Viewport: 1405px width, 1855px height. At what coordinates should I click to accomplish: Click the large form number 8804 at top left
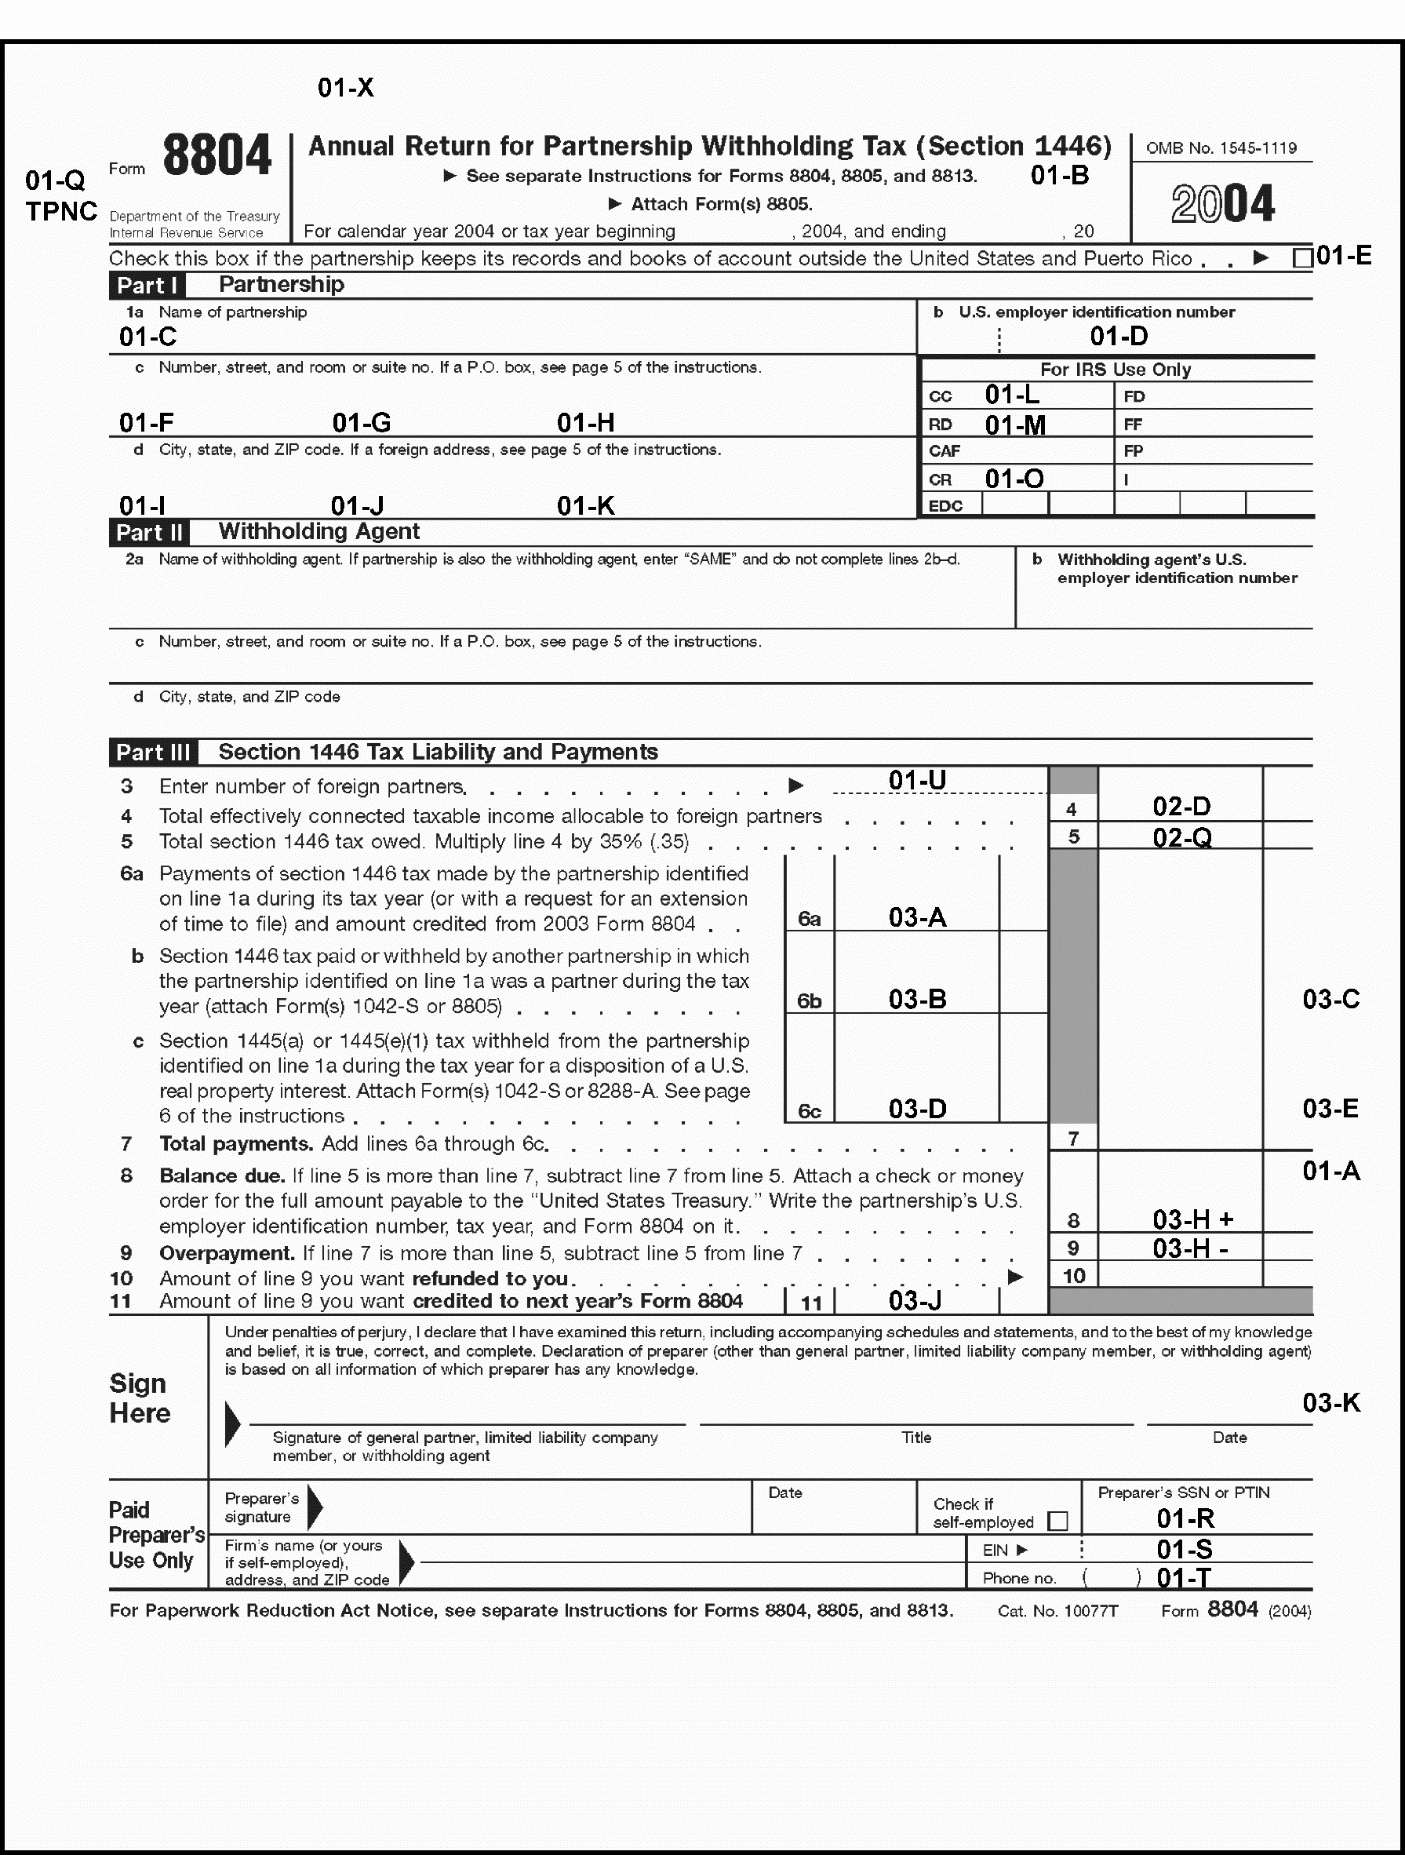pos(217,156)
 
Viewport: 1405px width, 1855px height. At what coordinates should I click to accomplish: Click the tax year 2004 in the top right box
pos(1222,204)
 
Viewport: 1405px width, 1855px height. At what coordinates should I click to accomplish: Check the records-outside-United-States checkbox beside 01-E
pos(1302,258)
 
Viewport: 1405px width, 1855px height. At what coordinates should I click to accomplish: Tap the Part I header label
pos(147,285)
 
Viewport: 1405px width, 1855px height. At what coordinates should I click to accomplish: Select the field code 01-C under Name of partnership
pos(147,337)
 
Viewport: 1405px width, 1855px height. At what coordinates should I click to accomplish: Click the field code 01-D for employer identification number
pos(1119,337)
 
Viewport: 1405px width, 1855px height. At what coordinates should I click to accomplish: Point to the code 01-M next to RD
pos(1014,425)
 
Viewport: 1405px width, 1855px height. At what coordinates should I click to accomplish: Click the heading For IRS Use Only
pos(1115,370)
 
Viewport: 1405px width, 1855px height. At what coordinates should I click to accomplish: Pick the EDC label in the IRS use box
pos(945,505)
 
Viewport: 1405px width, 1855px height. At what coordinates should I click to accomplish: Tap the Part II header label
pos(149,533)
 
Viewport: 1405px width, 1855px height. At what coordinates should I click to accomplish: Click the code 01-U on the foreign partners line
pos(917,781)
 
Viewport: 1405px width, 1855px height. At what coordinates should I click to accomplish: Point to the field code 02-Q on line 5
pos(1181,837)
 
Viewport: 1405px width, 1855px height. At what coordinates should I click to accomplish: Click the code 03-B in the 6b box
pos(917,999)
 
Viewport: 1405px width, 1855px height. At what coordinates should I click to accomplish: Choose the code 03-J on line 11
pos(915,1301)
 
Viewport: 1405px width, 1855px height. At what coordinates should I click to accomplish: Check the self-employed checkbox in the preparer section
pos(1058,1522)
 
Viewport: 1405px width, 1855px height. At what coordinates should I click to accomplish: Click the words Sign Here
pos(140,1398)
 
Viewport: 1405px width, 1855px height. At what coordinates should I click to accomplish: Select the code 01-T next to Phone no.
pos(1184,1578)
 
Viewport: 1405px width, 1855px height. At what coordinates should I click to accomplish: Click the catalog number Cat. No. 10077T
pos(1057,1611)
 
